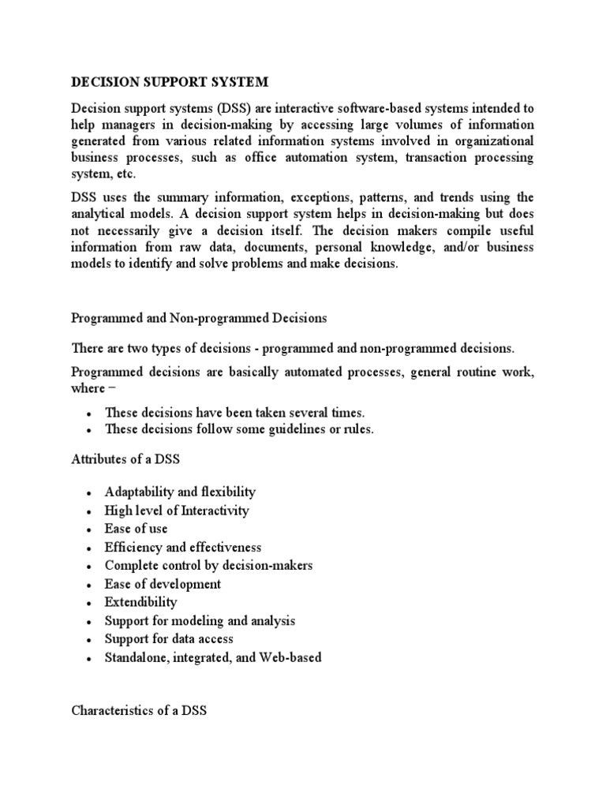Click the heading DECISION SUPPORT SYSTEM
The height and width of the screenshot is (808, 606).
click(170, 81)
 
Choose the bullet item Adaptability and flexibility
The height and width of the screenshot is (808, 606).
click(180, 492)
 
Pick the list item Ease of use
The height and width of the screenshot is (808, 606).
click(136, 529)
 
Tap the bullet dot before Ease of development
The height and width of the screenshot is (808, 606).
click(90, 585)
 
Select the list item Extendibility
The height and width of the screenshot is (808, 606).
click(140, 602)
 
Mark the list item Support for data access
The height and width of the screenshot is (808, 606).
click(169, 639)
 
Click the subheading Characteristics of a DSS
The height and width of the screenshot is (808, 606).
click(139, 710)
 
